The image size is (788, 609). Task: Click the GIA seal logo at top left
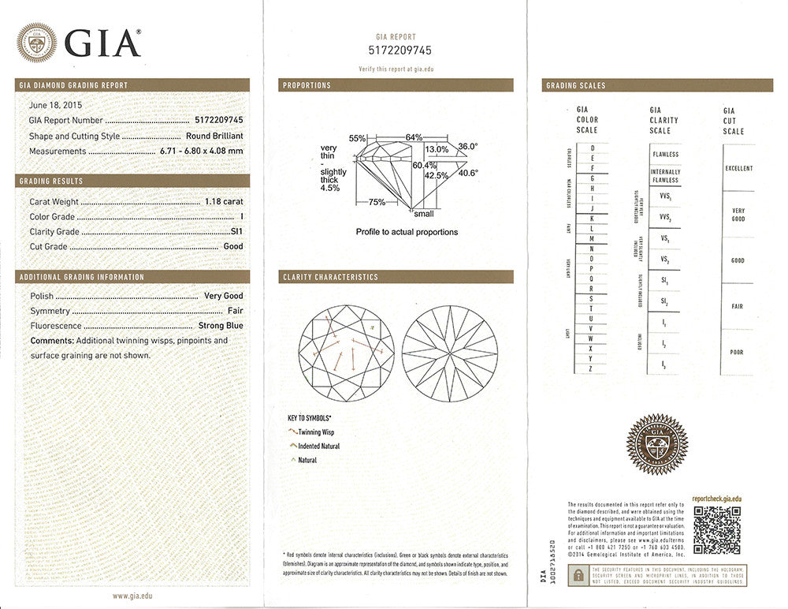(x=36, y=43)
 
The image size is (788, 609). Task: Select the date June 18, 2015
(x=55, y=105)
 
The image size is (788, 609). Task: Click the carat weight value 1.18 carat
(x=224, y=202)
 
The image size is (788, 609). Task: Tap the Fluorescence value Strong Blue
(x=223, y=326)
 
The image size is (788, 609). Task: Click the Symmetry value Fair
(x=235, y=311)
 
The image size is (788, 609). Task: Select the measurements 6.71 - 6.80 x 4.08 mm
(x=201, y=151)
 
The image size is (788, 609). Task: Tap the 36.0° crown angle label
(x=468, y=146)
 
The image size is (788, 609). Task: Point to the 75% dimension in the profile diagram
(x=377, y=203)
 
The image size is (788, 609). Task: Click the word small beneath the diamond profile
(x=423, y=213)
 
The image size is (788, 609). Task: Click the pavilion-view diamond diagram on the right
(x=449, y=353)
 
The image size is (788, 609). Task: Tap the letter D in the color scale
(x=592, y=148)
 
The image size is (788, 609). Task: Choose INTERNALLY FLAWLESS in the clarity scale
(x=665, y=176)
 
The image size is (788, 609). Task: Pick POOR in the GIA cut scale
(x=736, y=353)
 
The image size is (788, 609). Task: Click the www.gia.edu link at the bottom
(x=132, y=596)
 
